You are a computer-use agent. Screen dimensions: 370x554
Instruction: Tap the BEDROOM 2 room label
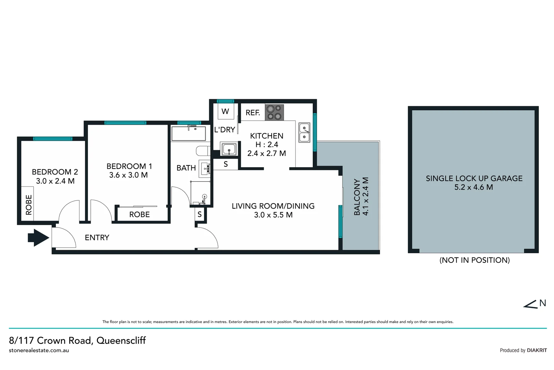click(x=55, y=172)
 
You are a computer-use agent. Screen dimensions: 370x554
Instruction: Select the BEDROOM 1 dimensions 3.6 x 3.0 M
click(x=128, y=175)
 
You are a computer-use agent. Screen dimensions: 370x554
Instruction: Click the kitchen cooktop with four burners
click(x=274, y=112)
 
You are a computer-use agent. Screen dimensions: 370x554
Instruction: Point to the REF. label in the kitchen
click(x=253, y=113)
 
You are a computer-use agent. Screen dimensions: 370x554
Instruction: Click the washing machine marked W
click(x=225, y=111)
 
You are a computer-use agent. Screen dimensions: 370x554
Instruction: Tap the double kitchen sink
click(x=304, y=133)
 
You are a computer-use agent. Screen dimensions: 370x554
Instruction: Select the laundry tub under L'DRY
click(x=229, y=149)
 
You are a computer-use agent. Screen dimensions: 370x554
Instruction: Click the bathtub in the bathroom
click(x=189, y=134)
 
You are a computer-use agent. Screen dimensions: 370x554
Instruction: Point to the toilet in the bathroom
click(x=203, y=151)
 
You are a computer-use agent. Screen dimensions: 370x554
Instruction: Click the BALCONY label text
click(x=357, y=197)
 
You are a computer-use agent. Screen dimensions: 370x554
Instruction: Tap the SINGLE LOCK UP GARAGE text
click(x=474, y=178)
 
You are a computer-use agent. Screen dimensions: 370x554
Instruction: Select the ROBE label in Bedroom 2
click(x=29, y=205)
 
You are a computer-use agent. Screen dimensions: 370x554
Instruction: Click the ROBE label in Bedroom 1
click(x=139, y=214)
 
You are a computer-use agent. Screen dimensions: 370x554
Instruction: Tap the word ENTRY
click(x=97, y=237)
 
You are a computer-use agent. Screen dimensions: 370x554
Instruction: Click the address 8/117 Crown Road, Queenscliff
click(x=77, y=340)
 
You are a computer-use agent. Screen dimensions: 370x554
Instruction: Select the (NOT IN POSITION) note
click(x=474, y=260)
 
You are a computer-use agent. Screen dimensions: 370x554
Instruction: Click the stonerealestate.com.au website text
click(x=39, y=350)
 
